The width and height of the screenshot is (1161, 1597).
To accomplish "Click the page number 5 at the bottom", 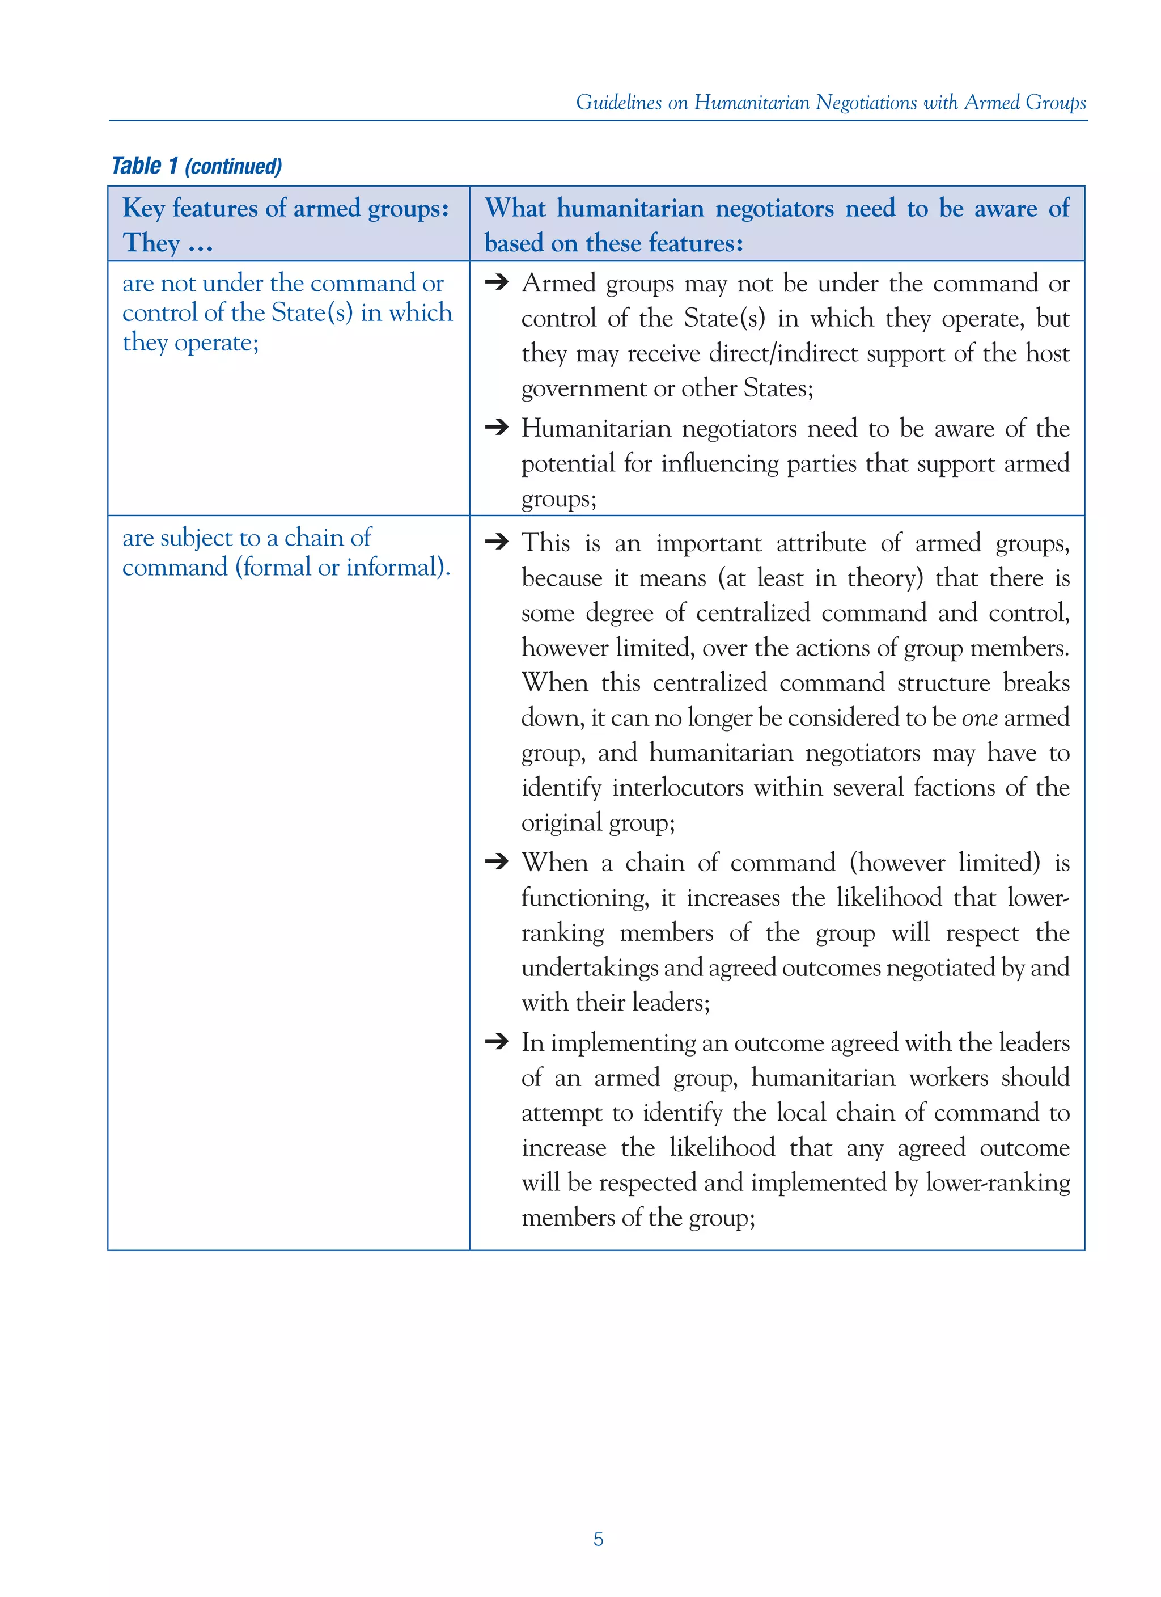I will pyautogui.click(x=598, y=1539).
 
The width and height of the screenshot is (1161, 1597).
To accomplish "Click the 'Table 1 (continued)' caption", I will pyautogui.click(x=197, y=166).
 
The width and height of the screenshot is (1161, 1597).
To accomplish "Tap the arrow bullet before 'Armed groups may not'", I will pyautogui.click(x=497, y=282).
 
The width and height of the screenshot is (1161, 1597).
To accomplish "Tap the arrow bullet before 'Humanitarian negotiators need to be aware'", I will pyautogui.click(x=497, y=428).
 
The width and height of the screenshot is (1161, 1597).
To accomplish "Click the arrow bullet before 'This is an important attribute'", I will pyautogui.click(x=497, y=542).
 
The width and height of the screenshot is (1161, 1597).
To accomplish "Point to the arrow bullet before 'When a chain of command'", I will pyautogui.click(x=497, y=861).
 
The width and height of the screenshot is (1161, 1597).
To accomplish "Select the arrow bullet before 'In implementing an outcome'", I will pyautogui.click(x=497, y=1041).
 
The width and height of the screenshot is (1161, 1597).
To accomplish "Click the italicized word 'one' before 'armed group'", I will pyautogui.click(x=980, y=717).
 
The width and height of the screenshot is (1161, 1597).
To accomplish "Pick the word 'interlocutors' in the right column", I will pyautogui.click(x=677, y=787).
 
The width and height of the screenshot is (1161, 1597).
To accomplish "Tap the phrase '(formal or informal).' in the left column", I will pyautogui.click(x=343, y=568).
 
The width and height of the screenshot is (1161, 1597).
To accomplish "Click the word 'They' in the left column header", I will pyautogui.click(x=151, y=243).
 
